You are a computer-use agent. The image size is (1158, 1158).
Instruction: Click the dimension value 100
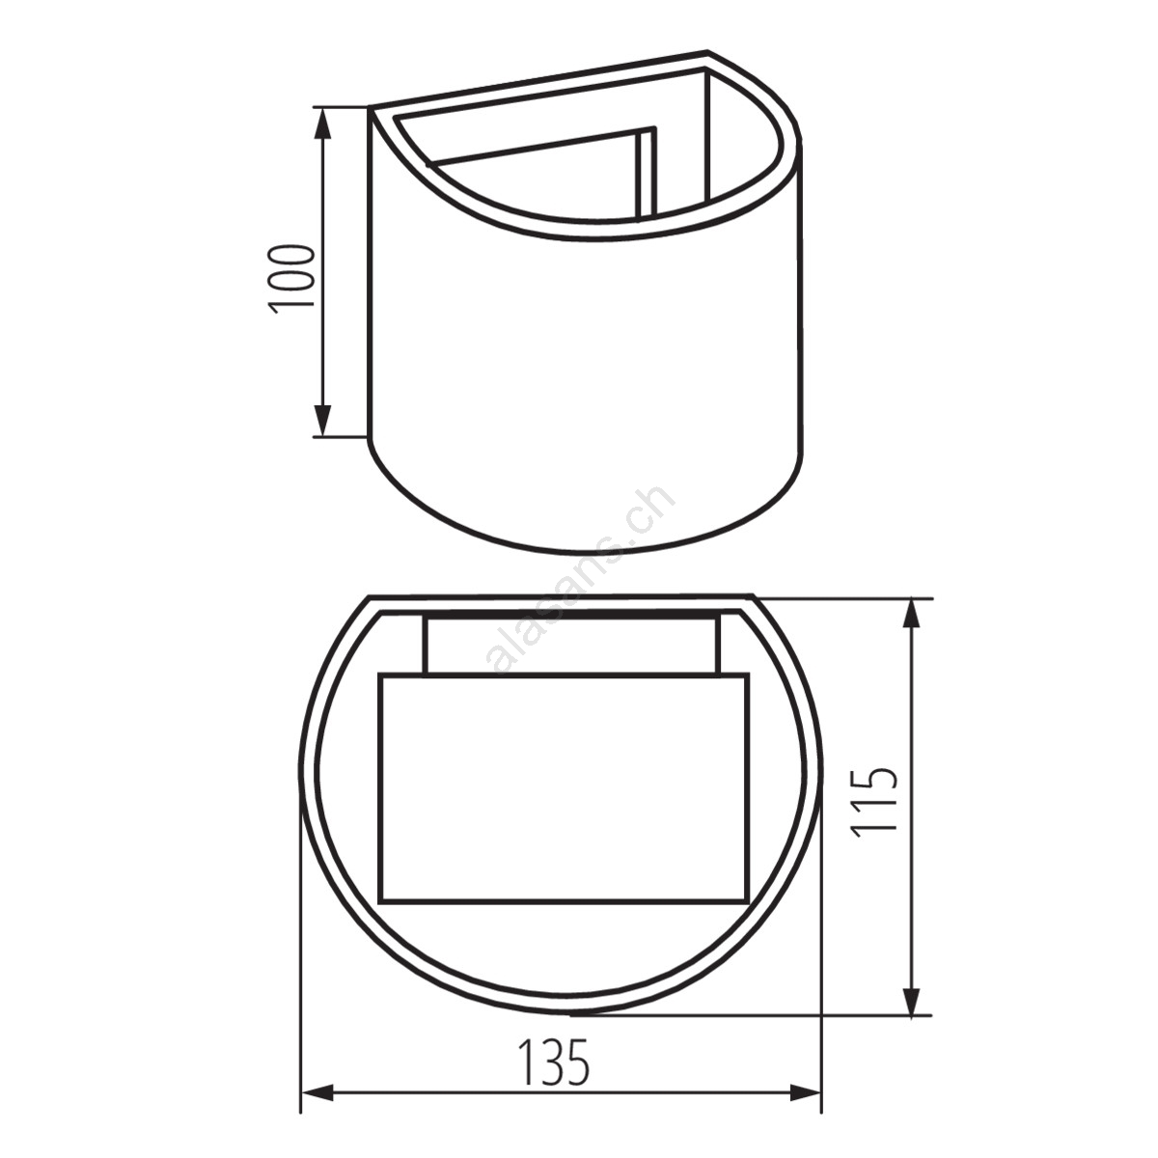(292, 279)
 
